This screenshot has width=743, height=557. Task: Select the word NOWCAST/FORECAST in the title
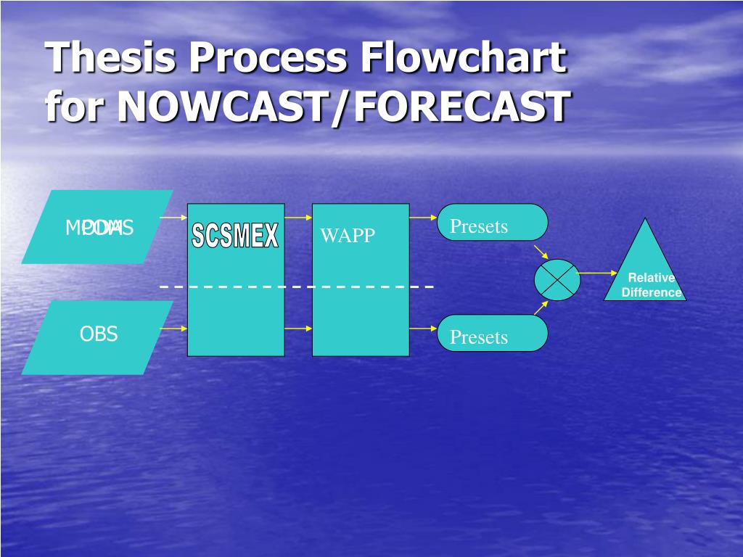click(342, 107)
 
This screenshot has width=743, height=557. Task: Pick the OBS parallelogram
click(97, 337)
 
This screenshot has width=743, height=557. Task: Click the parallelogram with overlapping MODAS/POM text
click(97, 227)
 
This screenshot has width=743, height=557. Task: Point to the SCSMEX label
click(235, 236)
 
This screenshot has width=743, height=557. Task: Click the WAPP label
click(348, 236)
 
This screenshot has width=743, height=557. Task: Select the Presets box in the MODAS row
click(493, 223)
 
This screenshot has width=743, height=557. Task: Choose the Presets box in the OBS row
click(493, 334)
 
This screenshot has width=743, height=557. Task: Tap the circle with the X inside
click(557, 279)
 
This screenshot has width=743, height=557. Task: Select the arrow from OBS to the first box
click(173, 329)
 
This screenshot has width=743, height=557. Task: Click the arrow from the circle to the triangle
click(596, 273)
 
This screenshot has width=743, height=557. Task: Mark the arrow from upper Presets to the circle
click(541, 252)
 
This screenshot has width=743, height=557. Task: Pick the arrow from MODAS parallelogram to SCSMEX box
click(173, 217)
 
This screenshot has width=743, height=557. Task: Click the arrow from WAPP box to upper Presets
click(422, 217)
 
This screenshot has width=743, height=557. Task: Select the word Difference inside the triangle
click(652, 293)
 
